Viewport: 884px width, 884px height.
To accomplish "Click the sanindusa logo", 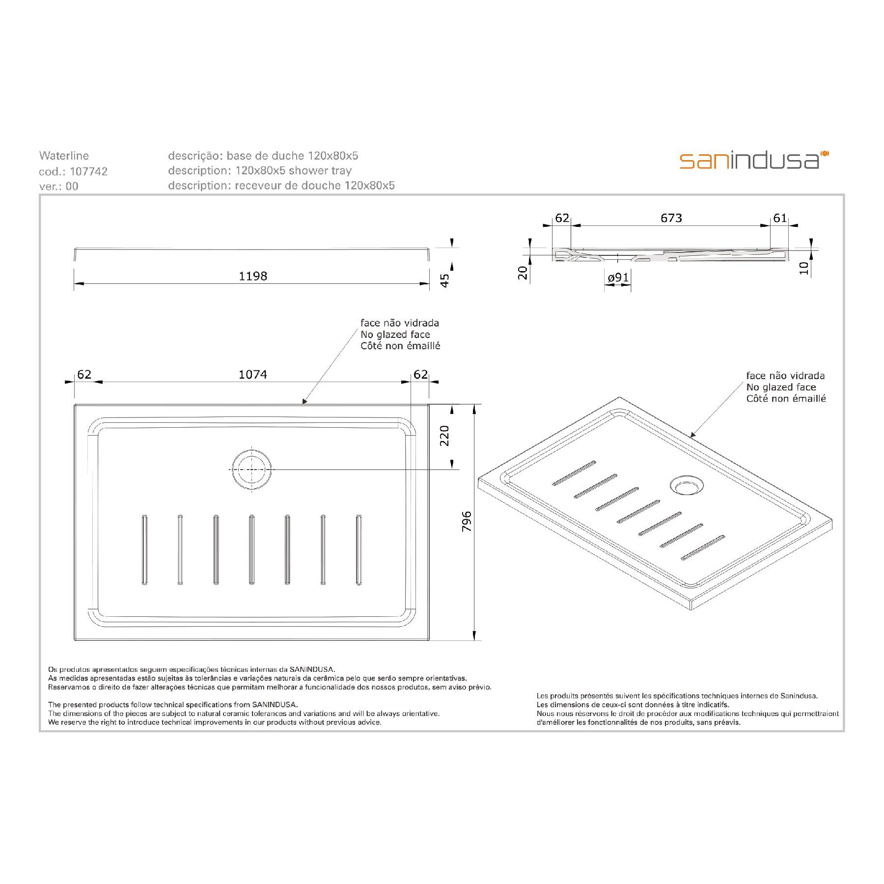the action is point(754,161).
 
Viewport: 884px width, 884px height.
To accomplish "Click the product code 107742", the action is point(89,171).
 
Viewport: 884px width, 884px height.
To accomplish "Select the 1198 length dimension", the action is point(253,276).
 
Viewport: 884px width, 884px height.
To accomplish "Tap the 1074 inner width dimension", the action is point(253,375).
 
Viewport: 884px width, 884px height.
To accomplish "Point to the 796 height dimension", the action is point(467,522).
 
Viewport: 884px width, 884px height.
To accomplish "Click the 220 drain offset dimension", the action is point(444,436).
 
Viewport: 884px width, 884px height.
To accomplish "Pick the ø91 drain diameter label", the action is point(618,278).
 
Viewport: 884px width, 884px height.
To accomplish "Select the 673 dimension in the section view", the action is point(671,218).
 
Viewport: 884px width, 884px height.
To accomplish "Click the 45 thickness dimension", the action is point(444,280).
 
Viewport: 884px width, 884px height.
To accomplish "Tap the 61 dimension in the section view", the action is point(780,218).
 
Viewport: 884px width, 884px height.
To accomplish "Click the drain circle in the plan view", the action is point(251,470).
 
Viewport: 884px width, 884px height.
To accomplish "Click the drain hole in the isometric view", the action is point(687,486).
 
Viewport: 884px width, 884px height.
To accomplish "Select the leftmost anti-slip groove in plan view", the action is point(144,550).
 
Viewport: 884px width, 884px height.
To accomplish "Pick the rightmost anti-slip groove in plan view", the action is point(359,550).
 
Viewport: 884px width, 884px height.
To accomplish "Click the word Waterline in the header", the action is point(64,156).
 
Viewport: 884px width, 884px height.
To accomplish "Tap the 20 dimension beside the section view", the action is point(523,273).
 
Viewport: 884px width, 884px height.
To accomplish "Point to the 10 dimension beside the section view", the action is point(804,268).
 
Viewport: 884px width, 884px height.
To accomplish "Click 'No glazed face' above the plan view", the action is point(395,335).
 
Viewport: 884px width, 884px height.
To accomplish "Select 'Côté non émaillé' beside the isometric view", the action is point(786,399).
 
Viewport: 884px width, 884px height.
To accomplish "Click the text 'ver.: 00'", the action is point(58,187).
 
